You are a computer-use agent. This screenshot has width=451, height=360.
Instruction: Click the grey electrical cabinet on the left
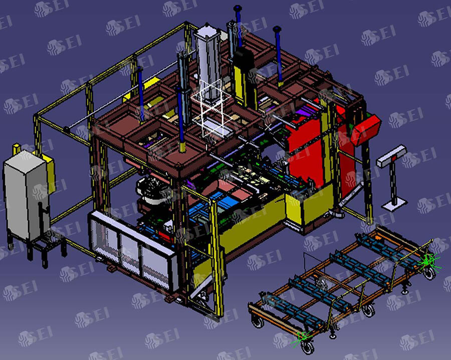point(27,195)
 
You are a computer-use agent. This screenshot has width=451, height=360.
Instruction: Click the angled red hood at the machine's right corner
point(367,130)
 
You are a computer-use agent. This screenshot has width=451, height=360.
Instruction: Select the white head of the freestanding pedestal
point(391,156)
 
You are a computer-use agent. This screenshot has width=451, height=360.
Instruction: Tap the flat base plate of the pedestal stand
point(394,203)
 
